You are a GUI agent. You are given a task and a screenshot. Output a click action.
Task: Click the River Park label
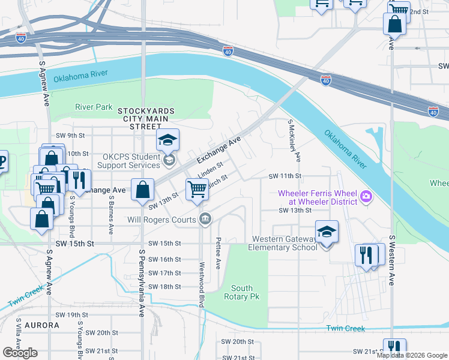pyautogui.click(x=94, y=107)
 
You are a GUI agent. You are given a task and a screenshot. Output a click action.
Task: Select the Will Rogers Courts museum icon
pyautogui.click(x=205, y=219)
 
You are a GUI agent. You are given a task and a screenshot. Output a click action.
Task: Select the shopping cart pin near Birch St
pyautogui.click(x=197, y=190)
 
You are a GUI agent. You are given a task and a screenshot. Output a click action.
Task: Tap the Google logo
pyautogui.click(x=20, y=352)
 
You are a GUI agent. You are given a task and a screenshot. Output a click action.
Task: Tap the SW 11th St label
pyautogui.click(x=284, y=176)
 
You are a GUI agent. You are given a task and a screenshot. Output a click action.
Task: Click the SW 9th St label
pyautogui.click(x=70, y=136)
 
